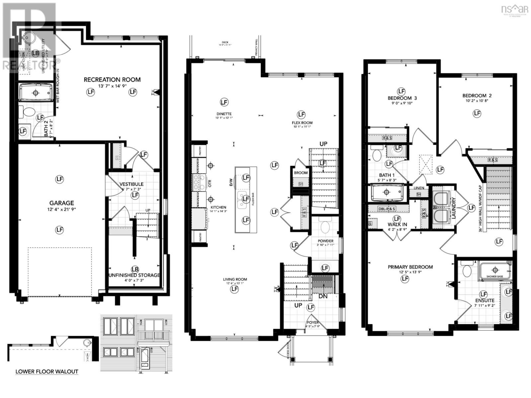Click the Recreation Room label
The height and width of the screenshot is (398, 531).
[x=112, y=80]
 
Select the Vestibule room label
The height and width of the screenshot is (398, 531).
[x=131, y=184]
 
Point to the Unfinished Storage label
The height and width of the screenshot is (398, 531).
[x=134, y=275]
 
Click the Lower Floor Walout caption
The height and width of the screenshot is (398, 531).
[x=47, y=371]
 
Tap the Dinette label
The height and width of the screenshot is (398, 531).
[x=224, y=114]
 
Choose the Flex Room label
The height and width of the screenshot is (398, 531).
[x=302, y=123]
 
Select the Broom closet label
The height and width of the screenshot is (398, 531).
[x=301, y=173]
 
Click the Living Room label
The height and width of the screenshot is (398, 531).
[x=235, y=280]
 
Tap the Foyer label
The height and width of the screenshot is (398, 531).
[x=312, y=322]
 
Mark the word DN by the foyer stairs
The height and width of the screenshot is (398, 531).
[x=323, y=296]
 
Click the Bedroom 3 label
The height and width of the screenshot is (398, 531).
[x=402, y=98]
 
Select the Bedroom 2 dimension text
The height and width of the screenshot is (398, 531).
[x=477, y=101]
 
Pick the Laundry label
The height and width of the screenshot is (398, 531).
[x=454, y=208]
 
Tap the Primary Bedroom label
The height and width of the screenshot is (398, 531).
[x=410, y=267]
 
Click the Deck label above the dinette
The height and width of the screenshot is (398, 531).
[x=225, y=42]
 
